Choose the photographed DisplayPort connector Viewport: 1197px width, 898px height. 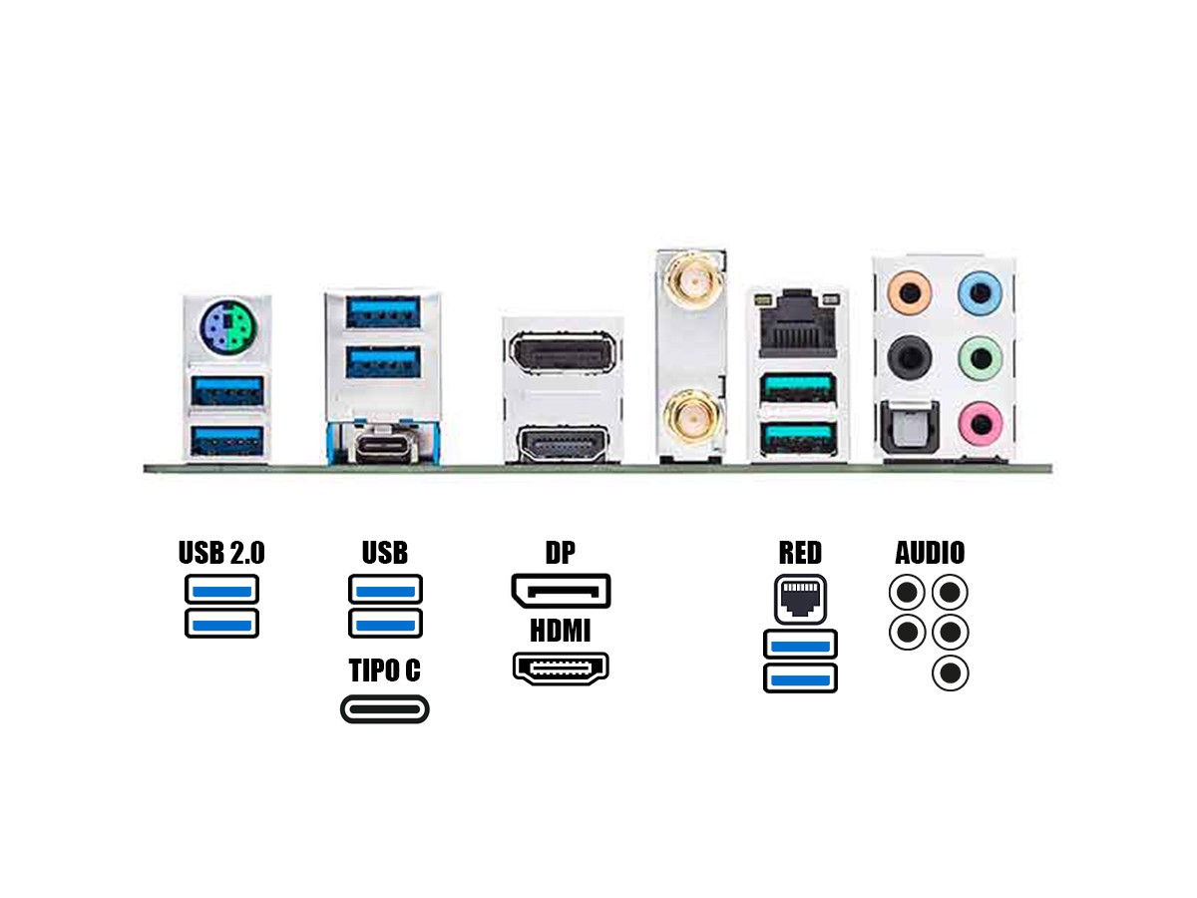pos(561,351)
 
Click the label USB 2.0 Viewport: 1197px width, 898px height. pos(221,552)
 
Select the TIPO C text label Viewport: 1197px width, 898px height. pos(384,671)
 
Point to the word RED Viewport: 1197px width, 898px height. pos(800,552)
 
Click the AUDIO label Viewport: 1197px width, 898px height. pos(930,552)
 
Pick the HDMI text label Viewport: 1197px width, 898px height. pos(560,631)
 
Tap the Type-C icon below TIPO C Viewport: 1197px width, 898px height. pos(385,709)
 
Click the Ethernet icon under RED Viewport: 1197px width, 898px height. pos(800,598)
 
